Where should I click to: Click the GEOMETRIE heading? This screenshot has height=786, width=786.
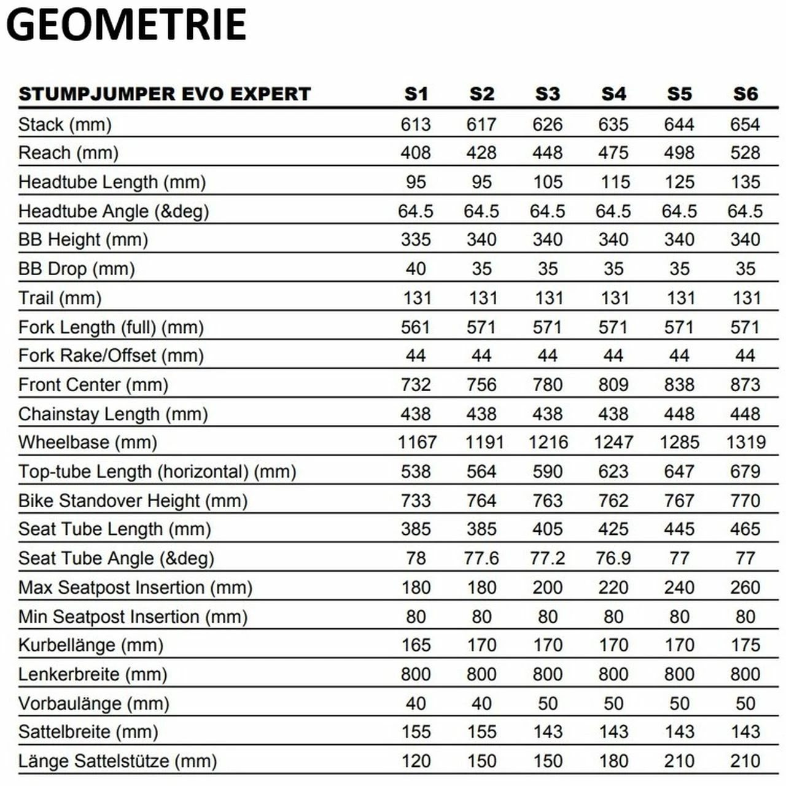[x=126, y=25]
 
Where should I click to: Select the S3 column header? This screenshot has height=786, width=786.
[x=547, y=94]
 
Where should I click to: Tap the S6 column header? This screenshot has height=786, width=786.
[x=745, y=94]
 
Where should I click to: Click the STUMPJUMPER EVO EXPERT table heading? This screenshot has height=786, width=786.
[x=165, y=94]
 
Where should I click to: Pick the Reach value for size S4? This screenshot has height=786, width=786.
[x=613, y=153]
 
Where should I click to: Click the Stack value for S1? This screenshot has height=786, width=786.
[x=416, y=125]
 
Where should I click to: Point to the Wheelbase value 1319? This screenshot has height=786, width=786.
[x=745, y=442]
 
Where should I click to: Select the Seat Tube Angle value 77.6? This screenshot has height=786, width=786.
[x=481, y=558]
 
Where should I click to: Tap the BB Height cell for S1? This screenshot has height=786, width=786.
[x=416, y=239]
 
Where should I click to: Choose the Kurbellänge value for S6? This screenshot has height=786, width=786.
[x=745, y=645]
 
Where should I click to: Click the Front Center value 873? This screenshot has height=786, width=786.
[x=745, y=385]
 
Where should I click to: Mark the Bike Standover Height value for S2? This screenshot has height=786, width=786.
[x=481, y=500]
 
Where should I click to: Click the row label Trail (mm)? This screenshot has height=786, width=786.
[x=60, y=298]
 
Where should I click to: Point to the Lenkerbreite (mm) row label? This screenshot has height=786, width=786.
[x=93, y=674]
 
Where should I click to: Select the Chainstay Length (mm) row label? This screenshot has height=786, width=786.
[x=113, y=414]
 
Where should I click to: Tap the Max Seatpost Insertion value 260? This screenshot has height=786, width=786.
[x=745, y=588]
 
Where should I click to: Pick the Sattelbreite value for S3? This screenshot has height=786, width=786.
[x=547, y=732]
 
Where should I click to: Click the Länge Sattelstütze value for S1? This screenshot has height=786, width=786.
[x=416, y=761]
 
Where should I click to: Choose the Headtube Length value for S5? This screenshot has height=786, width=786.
[x=679, y=182]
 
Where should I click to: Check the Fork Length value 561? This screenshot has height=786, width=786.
[x=416, y=327]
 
